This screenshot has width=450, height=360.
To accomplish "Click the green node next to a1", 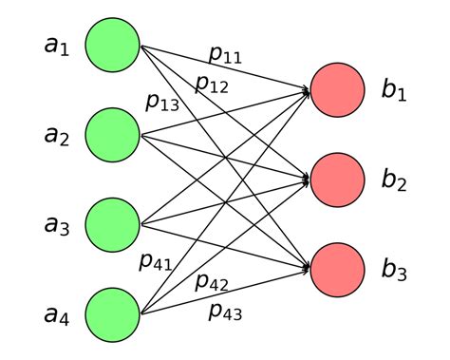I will point(113,46).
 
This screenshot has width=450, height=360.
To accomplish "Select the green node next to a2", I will point(113,135).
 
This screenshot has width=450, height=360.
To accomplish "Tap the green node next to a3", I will point(113,225).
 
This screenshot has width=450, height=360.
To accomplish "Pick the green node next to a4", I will point(113,314).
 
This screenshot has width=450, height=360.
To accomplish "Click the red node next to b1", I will point(337,90).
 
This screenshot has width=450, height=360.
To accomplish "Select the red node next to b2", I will point(337,180).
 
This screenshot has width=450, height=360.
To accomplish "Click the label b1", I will point(394,91).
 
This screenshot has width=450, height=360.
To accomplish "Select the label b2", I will point(394,180).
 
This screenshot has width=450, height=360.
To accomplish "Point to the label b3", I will point(394,270).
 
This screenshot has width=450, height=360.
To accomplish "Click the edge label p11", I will point(225,55).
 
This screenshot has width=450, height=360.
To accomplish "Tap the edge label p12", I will point(212,84).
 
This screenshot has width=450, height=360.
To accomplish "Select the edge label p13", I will point(162,103).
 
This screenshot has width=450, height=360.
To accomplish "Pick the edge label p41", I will point(155,261).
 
